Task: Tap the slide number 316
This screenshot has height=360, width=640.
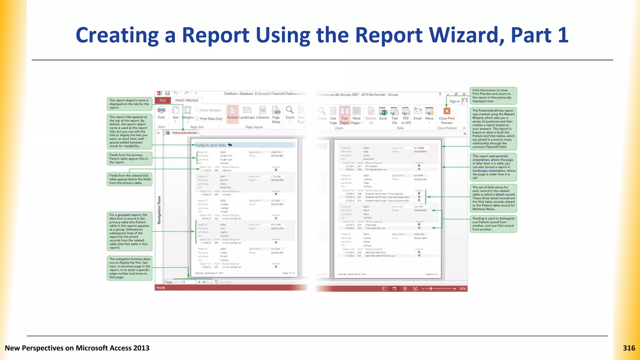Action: coord(629,348)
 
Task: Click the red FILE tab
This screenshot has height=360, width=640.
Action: coord(162,100)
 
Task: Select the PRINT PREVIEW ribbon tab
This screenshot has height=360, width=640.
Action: coord(187,100)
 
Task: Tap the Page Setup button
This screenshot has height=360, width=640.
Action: coord(276,114)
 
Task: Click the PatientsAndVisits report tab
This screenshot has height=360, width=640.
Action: coord(184,133)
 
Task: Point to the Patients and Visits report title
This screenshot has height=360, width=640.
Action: coord(210,145)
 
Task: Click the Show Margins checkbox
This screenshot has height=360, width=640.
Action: coord(197,110)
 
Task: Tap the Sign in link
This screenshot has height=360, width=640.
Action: coord(454,101)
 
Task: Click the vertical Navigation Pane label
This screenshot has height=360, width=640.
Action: coord(159,210)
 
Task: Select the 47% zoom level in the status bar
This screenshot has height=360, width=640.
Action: coord(462,289)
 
